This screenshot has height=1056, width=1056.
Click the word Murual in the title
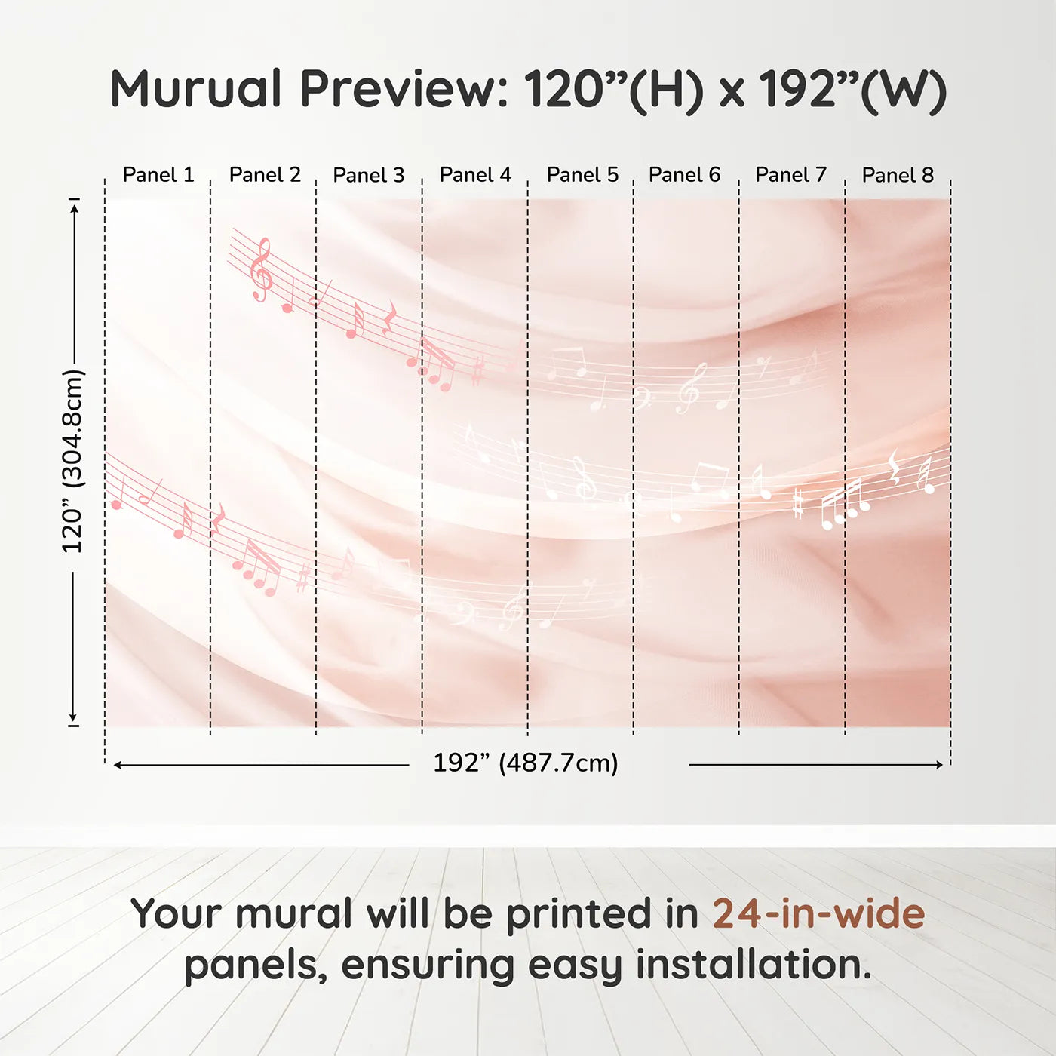coord(196,88)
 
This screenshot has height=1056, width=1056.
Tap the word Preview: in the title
coord(405,88)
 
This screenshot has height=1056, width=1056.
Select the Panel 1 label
coord(158,175)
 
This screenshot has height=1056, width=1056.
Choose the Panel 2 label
coord(265,175)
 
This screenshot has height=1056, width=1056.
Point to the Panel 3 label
coord(368,175)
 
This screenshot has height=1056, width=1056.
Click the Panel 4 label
coord(475,175)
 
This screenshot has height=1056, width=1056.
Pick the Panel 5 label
coord(582,175)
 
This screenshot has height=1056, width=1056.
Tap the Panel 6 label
coord(684,175)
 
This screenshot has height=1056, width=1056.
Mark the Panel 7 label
coord(790,175)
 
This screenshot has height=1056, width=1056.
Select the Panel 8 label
coord(898,175)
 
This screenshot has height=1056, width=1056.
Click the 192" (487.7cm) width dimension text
coord(526,763)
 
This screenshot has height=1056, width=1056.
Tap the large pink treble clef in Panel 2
coord(261,269)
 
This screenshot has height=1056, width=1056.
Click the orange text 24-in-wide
coord(818,913)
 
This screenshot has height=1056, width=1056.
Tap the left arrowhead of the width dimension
coord(118,765)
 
